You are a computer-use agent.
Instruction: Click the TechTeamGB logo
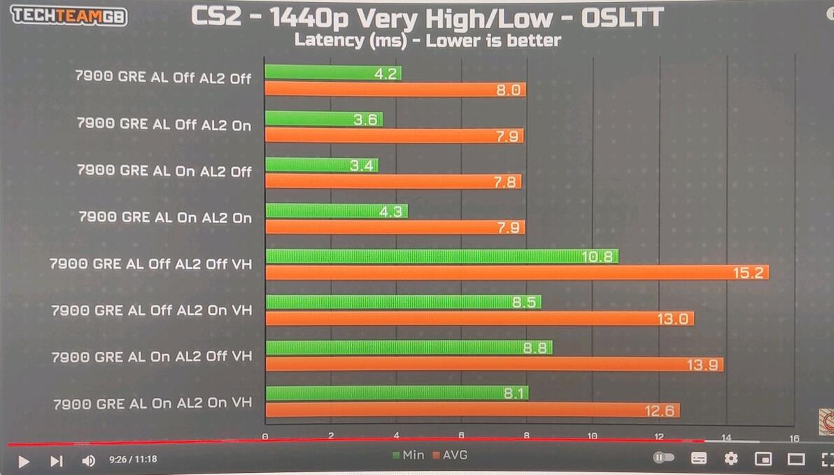coord(69,15)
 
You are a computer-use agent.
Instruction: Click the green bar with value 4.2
coord(333,72)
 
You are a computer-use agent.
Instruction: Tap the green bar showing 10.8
coord(441,256)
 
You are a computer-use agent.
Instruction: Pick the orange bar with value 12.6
coord(472,410)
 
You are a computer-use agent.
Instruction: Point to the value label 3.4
coord(365,166)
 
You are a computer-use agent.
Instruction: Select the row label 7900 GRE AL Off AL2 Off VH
coord(150,264)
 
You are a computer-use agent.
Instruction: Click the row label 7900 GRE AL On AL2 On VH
coord(153,404)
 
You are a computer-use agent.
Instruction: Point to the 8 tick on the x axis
coord(527,437)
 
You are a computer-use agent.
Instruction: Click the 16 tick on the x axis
coord(793,439)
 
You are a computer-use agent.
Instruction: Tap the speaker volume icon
coord(89,460)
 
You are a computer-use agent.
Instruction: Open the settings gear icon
coord(731,459)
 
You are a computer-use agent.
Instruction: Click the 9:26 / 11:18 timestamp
coord(133,460)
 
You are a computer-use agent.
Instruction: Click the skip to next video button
coord(57,461)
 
